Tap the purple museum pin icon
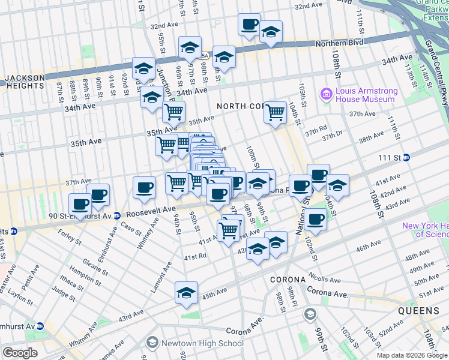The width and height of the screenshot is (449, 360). pos(327,93)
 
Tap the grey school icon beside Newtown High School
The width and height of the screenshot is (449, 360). pos(152,343)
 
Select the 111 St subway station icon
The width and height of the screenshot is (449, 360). pos(406,157)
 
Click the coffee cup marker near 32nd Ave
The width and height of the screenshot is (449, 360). pos(249,25)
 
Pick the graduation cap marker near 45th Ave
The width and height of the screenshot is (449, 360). pos(187,293)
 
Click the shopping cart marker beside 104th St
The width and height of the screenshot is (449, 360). pos(275,112)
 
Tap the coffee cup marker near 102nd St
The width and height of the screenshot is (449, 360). pos(315,219)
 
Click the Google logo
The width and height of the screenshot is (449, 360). pos(20,353)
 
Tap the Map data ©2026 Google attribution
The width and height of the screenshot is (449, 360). pos(412,355)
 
